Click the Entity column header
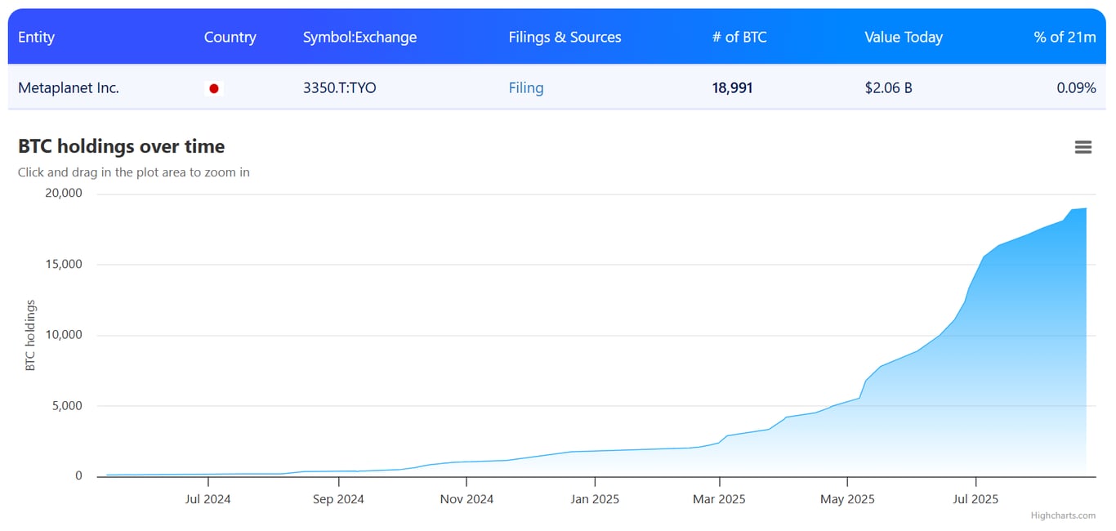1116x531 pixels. click(x=37, y=38)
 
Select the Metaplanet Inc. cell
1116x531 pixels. click(x=69, y=88)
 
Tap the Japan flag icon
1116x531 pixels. click(x=214, y=88)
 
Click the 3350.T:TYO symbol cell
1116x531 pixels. click(x=339, y=88)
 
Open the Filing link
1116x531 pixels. click(x=525, y=88)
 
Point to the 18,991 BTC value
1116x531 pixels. click(x=732, y=88)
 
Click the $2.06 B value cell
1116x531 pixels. click(x=888, y=88)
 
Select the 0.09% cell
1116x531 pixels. click(x=1075, y=88)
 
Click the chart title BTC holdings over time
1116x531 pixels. click(x=121, y=146)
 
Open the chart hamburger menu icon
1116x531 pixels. click(x=1083, y=147)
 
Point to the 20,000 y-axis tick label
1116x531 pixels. click(x=65, y=194)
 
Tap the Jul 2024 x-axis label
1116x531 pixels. click(x=208, y=499)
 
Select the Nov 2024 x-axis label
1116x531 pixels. click(x=466, y=499)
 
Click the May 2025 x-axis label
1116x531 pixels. click(x=847, y=499)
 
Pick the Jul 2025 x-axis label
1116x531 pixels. click(x=975, y=499)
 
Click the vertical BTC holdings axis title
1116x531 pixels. click(x=31, y=336)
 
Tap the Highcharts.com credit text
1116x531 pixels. click(x=1063, y=515)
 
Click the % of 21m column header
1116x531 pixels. click(x=1065, y=38)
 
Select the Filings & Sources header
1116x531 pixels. click(x=565, y=38)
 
